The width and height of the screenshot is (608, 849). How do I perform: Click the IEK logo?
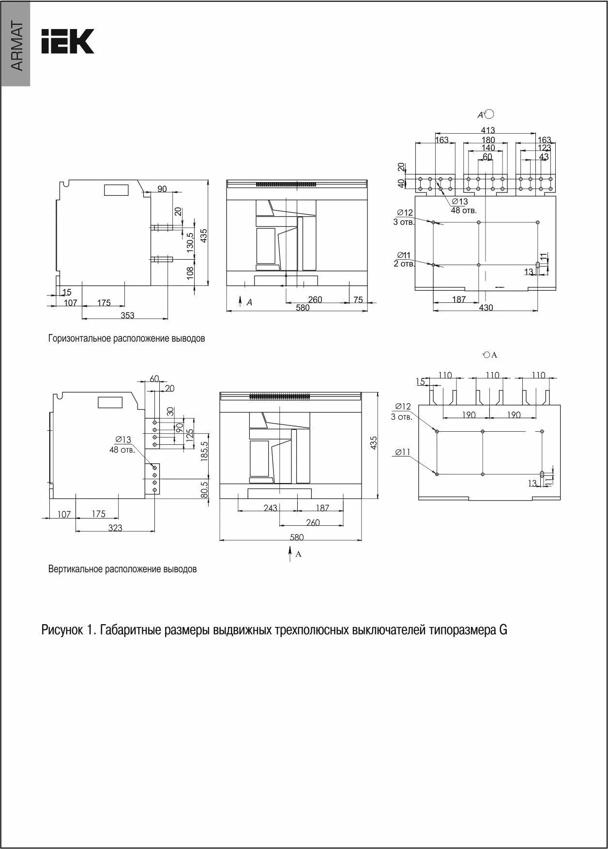67,41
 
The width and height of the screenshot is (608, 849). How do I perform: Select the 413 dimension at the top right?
487,130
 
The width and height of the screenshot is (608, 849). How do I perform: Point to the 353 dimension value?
127,315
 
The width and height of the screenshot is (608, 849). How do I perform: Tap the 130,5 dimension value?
190,241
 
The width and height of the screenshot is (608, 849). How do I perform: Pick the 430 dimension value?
486,308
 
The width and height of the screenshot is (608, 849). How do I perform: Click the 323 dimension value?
115,528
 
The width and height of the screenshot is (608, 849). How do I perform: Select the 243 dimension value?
270,507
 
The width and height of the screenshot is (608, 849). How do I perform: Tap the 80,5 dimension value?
204,489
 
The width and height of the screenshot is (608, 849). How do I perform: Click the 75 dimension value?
358,300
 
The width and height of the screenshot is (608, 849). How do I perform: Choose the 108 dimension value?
190,272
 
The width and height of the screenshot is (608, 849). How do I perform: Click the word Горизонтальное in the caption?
80,338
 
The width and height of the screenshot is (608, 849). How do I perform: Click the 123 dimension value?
544,148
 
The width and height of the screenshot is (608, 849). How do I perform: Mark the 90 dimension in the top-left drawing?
162,189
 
